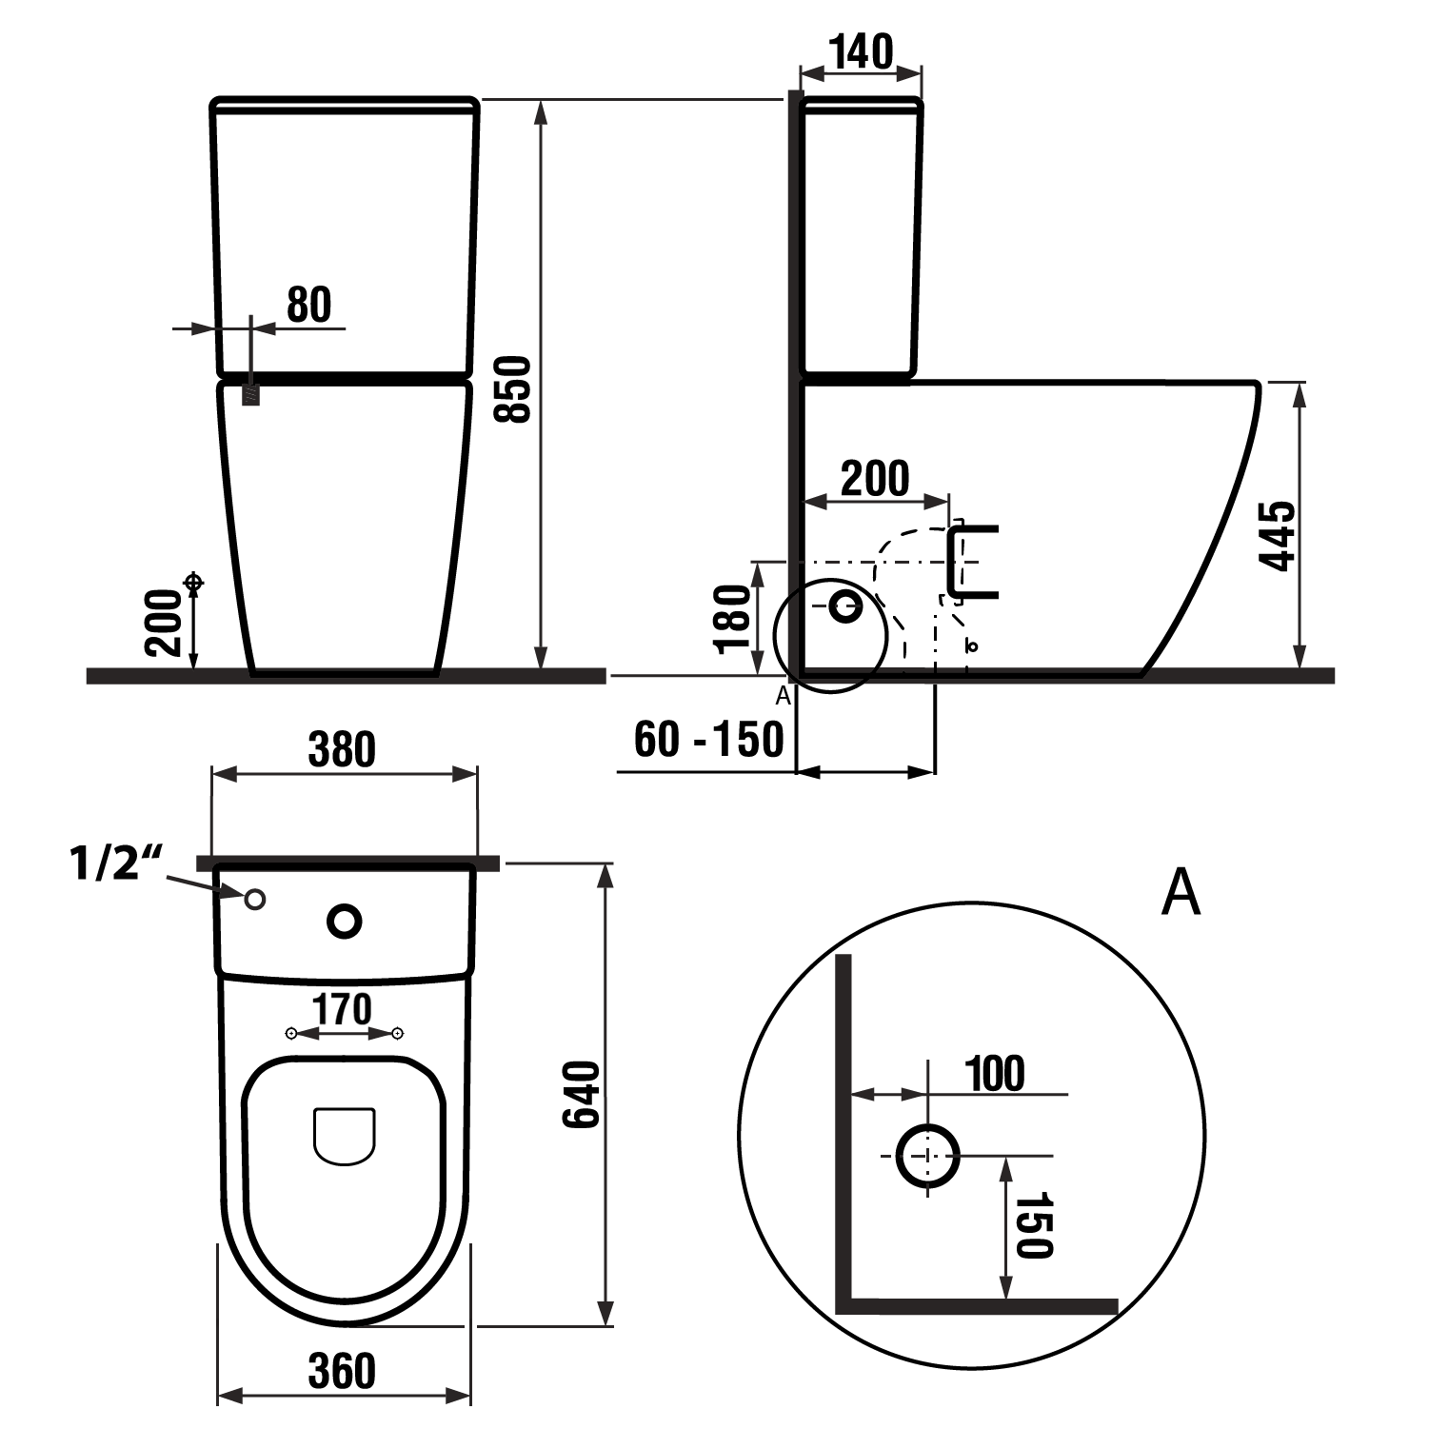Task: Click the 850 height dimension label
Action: pos(514,388)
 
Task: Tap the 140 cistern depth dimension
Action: pos(861,51)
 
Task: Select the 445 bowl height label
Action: pos(1278,535)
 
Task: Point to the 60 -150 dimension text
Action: pos(708,739)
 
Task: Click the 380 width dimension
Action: pos(343,749)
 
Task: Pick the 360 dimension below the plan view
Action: pos(343,1371)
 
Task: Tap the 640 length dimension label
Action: pos(582,1095)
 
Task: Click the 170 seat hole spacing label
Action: pos(343,1009)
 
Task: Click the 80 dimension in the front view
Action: pos(309,305)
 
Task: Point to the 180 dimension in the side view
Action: pos(733,619)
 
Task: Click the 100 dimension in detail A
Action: pos(996,1074)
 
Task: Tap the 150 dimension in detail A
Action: pos(1035,1224)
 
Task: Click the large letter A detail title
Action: pos(1181,892)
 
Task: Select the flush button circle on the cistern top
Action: pos(345,921)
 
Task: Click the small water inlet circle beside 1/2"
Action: pos(255,899)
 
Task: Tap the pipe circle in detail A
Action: pos(928,1155)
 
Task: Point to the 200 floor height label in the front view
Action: pos(164,623)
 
